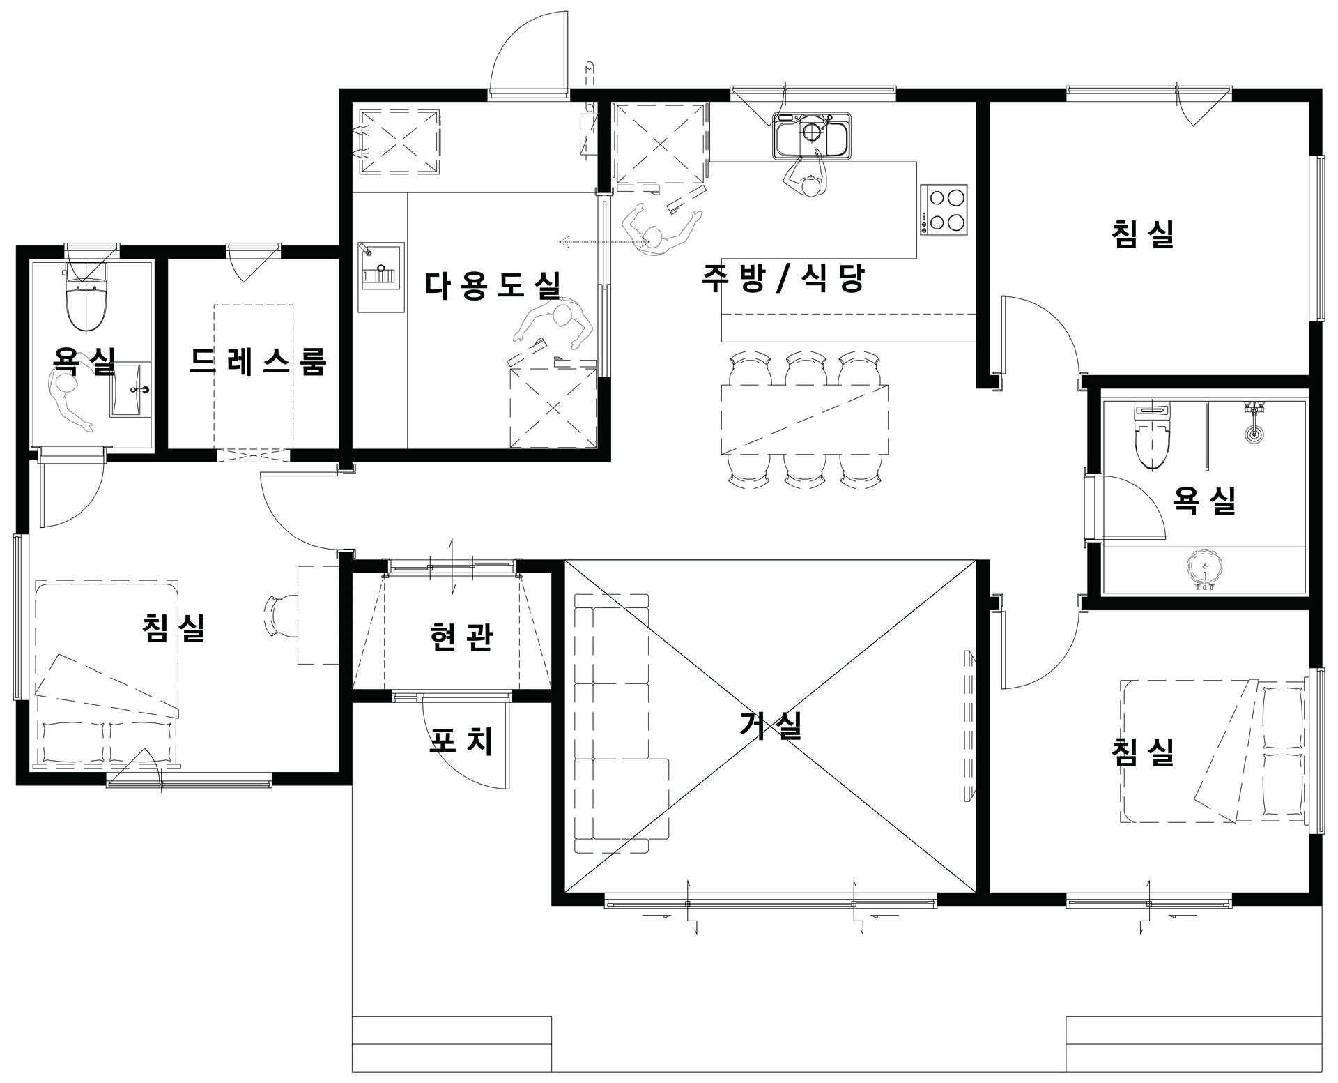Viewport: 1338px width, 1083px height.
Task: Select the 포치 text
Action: pyautogui.click(x=461, y=741)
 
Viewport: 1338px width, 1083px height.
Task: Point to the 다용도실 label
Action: pyautogui.click(x=493, y=285)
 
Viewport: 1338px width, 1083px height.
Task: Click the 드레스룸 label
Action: pyautogui.click(x=257, y=361)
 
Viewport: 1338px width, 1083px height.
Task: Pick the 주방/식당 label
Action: pyautogui.click(x=783, y=278)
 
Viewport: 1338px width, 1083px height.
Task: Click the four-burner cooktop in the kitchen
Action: pyautogui.click(x=944, y=208)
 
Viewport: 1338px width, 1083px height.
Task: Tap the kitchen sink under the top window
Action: pyautogui.click(x=811, y=136)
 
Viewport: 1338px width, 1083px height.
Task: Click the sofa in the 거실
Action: pyautogui.click(x=621, y=722)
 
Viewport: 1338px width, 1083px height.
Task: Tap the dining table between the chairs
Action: pyautogui.click(x=806, y=419)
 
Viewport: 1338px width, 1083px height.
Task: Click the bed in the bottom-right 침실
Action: pyautogui.click(x=1213, y=750)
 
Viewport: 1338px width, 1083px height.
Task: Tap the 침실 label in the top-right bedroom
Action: pyautogui.click(x=1143, y=234)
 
